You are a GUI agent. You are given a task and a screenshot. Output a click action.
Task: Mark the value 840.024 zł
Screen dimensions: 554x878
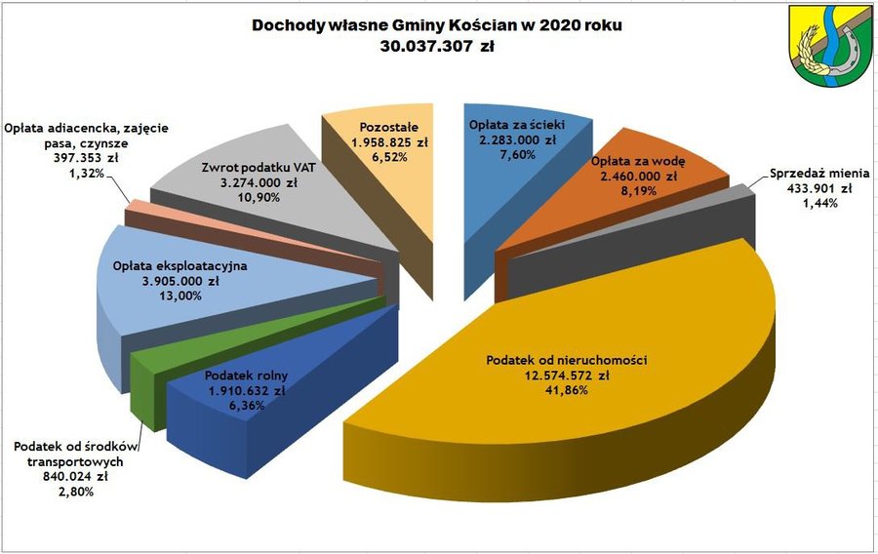pyautogui.click(x=73, y=477)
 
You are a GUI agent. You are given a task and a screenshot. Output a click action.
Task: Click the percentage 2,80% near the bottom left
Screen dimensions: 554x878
pyautogui.click(x=73, y=493)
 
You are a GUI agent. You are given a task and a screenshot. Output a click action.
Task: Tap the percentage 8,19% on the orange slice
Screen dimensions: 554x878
pyautogui.click(x=637, y=192)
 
